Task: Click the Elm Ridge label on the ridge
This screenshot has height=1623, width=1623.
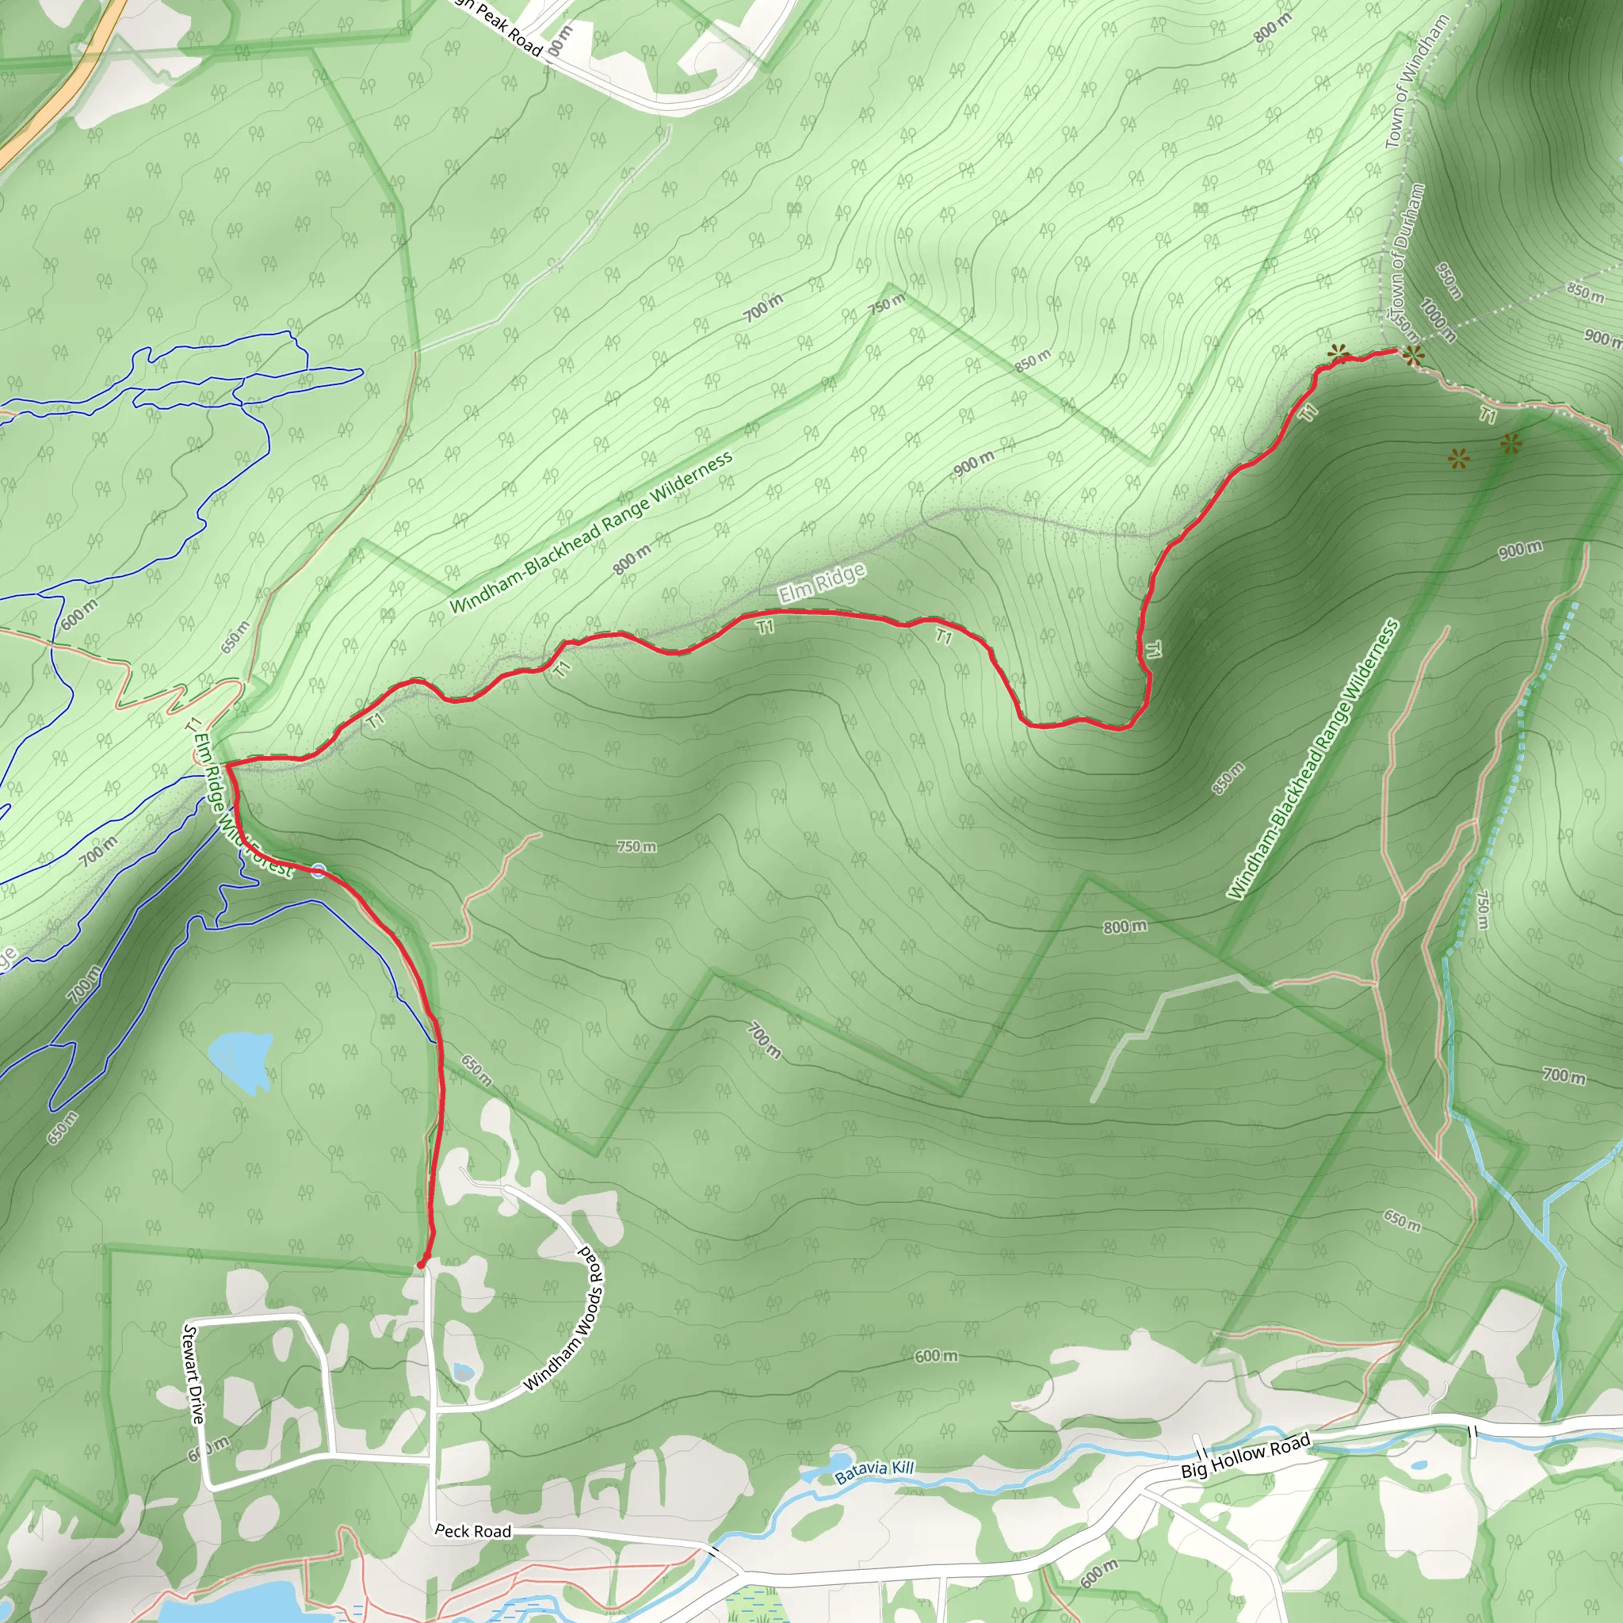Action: coord(821,583)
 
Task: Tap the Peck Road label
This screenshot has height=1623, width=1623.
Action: coord(472,1530)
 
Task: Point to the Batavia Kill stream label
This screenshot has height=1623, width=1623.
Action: coord(873,1472)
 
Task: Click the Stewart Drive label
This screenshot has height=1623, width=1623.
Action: coord(194,1373)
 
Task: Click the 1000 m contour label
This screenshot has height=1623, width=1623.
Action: coord(1438,319)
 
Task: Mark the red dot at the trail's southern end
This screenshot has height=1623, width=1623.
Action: coord(422,1262)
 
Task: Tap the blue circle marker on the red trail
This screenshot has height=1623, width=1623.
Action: coord(319,870)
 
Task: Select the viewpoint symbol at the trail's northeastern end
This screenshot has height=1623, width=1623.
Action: coord(1413,356)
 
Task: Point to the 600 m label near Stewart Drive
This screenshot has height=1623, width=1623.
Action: coord(208,1449)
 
